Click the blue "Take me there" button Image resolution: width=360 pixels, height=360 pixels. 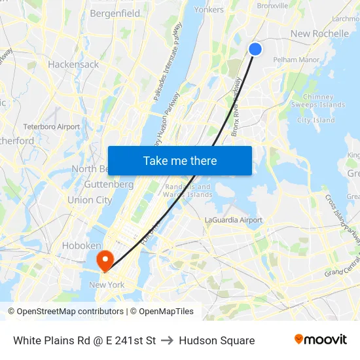click(180, 160)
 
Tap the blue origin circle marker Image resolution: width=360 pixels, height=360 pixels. click(255, 49)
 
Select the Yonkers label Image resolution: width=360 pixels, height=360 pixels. click(209, 9)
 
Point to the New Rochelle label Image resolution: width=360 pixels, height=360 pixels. click(319, 33)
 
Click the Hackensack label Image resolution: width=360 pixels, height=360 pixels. click(73, 65)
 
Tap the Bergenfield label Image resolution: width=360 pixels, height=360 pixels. click(115, 13)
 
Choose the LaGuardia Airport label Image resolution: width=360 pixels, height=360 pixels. click(234, 221)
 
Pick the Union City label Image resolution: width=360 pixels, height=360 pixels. click(89, 200)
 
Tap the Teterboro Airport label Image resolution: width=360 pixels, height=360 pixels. click(51, 126)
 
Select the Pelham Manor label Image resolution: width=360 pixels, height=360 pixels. click(296, 60)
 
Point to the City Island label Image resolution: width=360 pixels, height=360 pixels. click(315, 120)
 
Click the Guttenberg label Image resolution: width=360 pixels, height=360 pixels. click(109, 185)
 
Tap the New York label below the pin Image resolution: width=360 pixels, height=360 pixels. click(107, 285)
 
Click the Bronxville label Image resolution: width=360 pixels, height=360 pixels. click(272, 6)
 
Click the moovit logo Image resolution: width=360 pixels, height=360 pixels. click(321, 339)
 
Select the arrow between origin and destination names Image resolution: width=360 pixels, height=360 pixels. click(167, 340)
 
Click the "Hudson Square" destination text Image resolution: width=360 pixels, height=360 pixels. click(217, 340)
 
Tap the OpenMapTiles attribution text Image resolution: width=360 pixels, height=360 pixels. click(162, 312)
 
